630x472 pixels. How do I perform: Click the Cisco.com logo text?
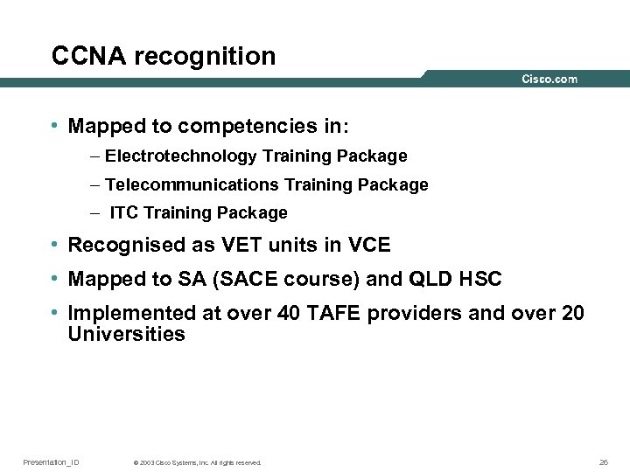(x=549, y=79)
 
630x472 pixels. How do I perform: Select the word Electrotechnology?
(x=181, y=156)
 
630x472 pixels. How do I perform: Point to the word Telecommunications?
(x=191, y=184)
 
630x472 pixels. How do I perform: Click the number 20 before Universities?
(x=571, y=313)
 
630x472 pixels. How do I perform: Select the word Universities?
(x=127, y=335)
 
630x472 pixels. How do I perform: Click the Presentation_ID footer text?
(x=51, y=462)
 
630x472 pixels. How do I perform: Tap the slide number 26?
(x=603, y=462)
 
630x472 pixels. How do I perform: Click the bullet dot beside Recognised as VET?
(x=55, y=244)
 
